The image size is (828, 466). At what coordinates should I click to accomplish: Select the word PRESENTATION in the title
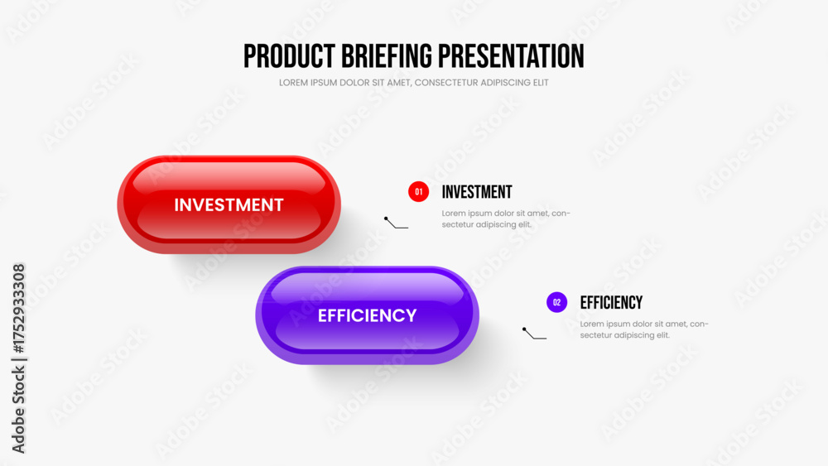(x=511, y=56)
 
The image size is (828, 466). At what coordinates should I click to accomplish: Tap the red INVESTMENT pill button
(x=229, y=204)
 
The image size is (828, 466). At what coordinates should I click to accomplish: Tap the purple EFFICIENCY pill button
(x=367, y=315)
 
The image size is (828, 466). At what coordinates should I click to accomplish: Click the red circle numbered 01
(x=418, y=191)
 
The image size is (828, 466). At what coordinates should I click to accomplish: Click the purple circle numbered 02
(x=556, y=302)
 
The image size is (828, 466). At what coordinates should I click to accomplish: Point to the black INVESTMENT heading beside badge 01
(x=477, y=192)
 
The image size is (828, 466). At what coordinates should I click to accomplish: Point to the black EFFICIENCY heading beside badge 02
(x=611, y=303)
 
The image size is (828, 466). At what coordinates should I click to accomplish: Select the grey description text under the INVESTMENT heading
(x=506, y=219)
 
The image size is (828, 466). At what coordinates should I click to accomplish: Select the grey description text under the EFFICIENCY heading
(x=644, y=329)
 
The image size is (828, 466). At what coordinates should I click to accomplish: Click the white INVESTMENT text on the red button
(x=229, y=204)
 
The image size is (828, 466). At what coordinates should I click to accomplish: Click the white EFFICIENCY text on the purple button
(x=367, y=315)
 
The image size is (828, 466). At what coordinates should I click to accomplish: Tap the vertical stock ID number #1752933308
(x=18, y=309)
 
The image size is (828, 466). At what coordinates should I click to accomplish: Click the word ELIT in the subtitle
(x=542, y=83)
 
